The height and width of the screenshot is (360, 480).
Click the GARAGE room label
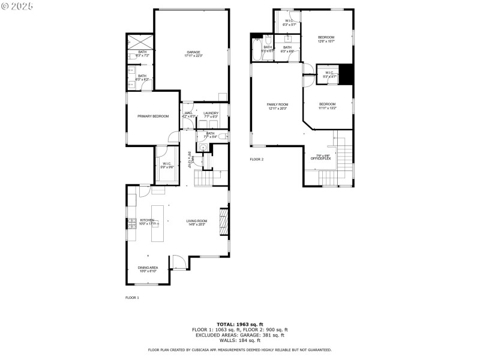(193, 52)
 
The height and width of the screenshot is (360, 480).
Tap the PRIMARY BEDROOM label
(152, 116)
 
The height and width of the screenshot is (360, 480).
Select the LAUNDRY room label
(211, 113)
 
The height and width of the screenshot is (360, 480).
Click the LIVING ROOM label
(197, 220)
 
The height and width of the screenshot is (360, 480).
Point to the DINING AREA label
(148, 268)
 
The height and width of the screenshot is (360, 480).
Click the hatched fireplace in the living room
(224, 222)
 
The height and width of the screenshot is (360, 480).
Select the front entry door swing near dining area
(178, 262)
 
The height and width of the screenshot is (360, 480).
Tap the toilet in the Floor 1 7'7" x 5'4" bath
(222, 137)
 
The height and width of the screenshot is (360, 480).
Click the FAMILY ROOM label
(277, 104)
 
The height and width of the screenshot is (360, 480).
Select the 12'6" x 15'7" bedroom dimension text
(326, 41)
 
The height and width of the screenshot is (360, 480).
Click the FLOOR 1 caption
(132, 298)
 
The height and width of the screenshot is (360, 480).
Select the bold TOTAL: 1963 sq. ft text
(239, 324)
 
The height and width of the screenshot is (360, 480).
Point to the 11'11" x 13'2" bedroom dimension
(327, 108)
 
